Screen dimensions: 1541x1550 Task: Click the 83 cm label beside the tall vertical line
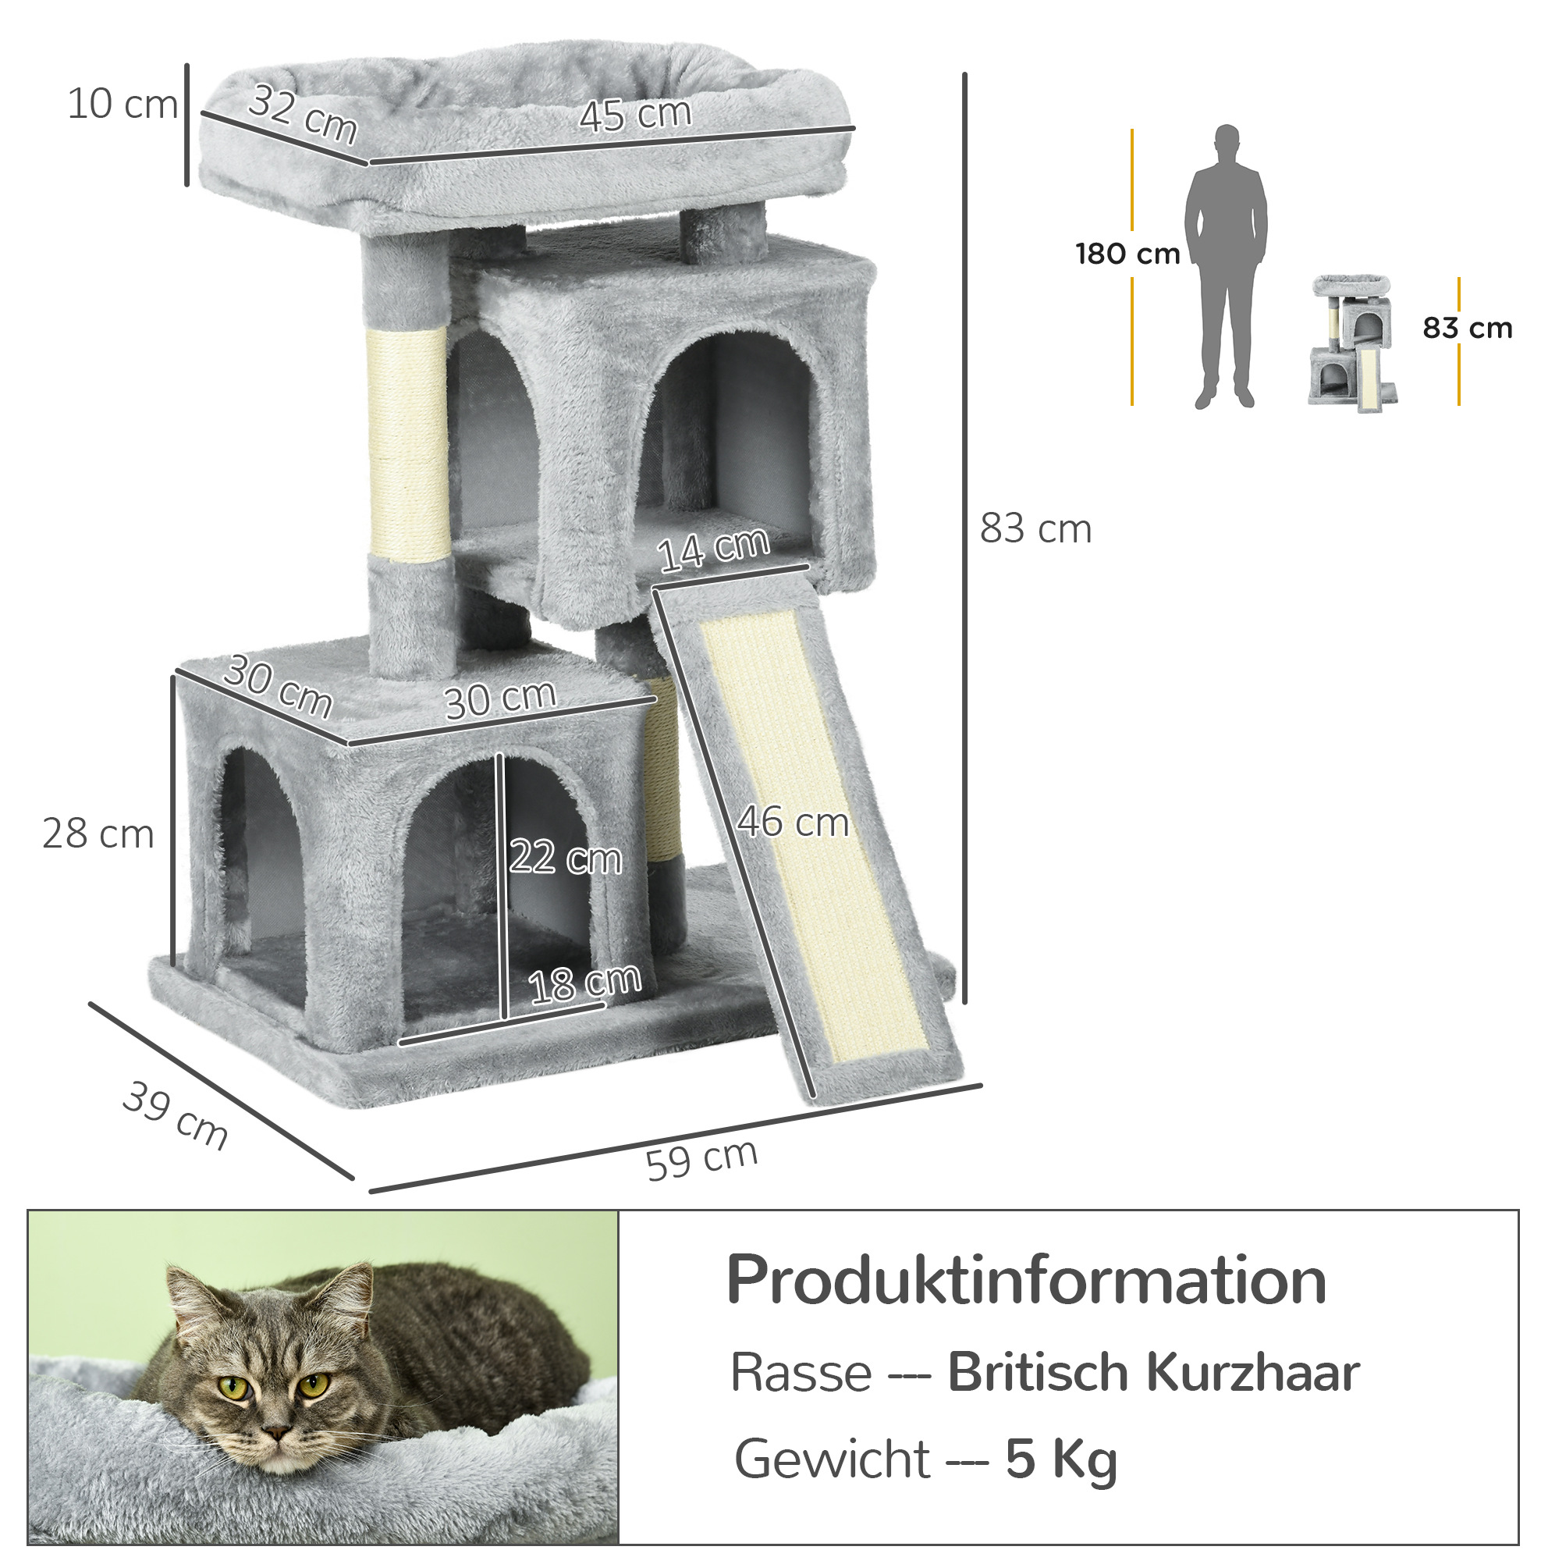[1035, 529]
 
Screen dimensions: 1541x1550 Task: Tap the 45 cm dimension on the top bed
[634, 114]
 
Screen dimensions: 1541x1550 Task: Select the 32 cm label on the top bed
[303, 114]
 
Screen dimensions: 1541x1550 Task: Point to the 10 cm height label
[122, 105]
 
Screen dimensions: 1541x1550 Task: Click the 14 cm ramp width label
[713, 550]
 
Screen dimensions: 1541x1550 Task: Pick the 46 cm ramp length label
[793, 823]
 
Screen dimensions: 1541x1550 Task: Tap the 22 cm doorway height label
[565, 857]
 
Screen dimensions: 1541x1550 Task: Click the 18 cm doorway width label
[584, 983]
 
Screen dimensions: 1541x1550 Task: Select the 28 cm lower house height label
[98, 834]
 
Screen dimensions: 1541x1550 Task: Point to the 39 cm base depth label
[176, 1115]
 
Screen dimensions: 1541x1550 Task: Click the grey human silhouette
[1225, 267]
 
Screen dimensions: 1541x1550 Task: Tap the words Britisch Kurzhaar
[1153, 1373]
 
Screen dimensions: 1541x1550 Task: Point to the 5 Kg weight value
[1060, 1459]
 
